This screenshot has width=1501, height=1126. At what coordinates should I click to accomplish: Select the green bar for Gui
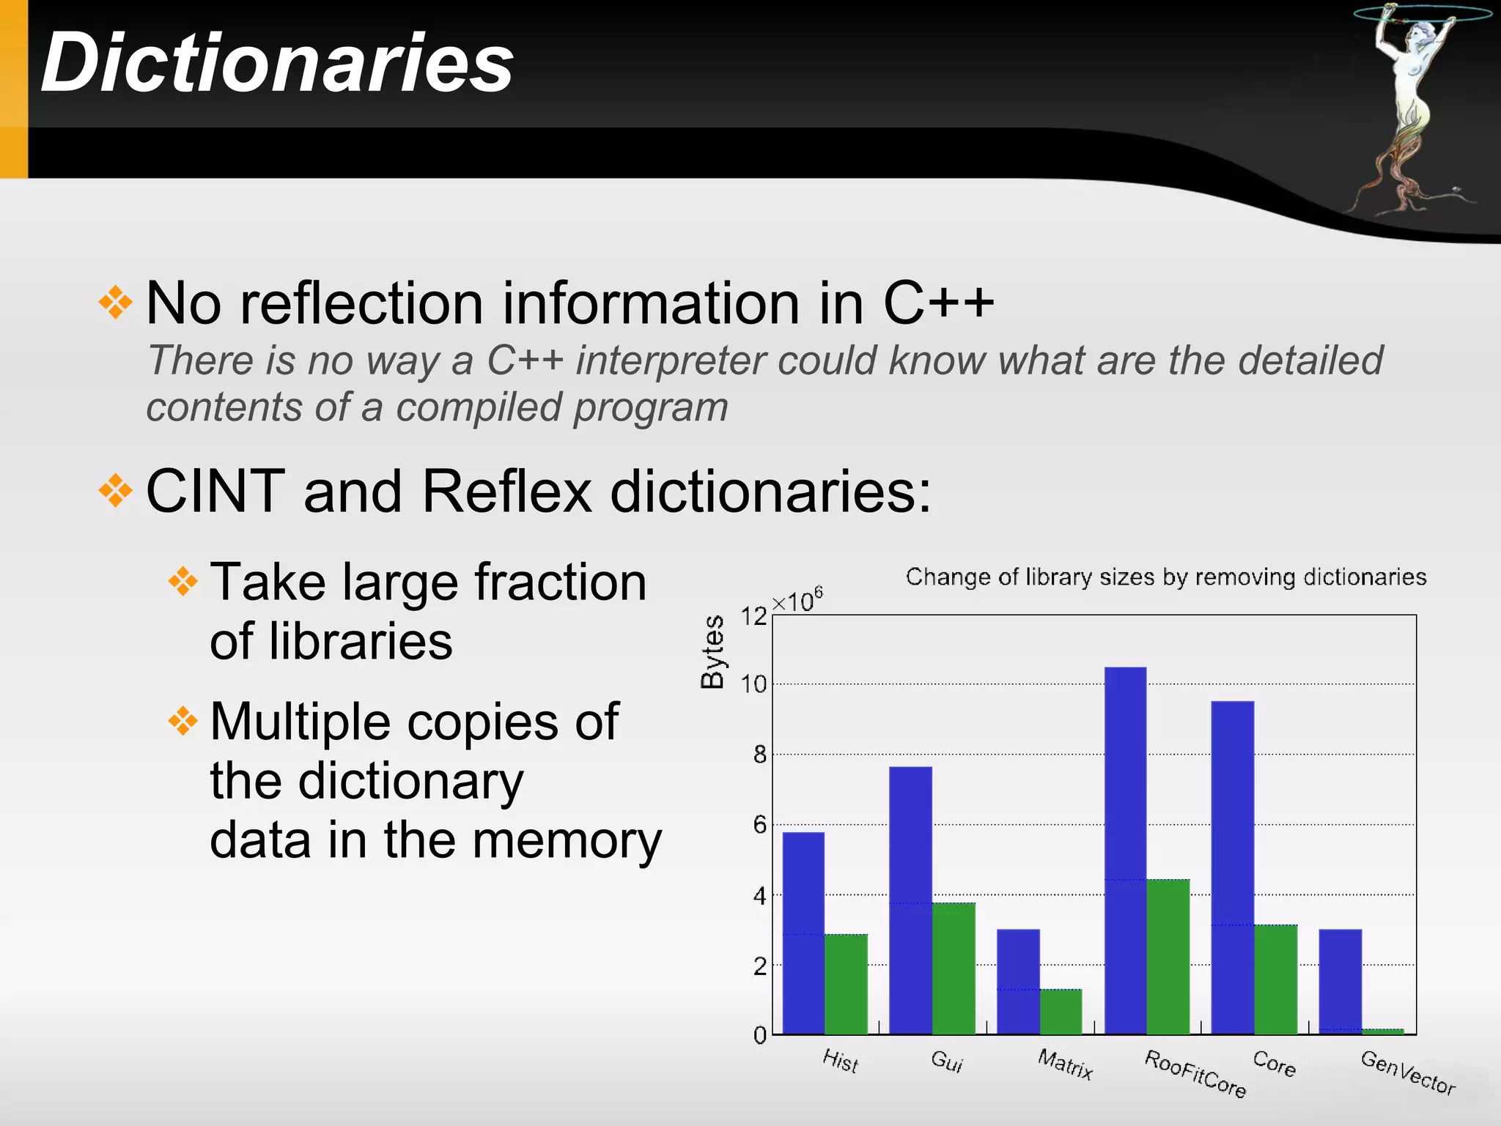(x=954, y=968)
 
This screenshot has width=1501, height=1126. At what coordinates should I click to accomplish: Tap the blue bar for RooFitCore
(x=1125, y=850)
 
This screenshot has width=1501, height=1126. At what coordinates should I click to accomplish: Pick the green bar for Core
(x=1275, y=979)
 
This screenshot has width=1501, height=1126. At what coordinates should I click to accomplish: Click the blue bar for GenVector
(x=1340, y=982)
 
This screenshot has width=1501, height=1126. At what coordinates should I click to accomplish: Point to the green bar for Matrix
(x=1061, y=1011)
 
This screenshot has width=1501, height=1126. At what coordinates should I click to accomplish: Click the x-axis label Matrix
(x=1065, y=1064)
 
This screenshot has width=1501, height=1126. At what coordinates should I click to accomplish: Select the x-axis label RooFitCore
(x=1195, y=1073)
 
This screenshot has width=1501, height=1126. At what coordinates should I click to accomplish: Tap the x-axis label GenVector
(x=1407, y=1072)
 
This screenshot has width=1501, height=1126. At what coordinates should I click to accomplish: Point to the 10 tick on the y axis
(x=753, y=684)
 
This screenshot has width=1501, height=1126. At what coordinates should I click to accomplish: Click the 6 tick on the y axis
(x=759, y=825)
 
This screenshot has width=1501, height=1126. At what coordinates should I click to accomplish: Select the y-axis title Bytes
(x=712, y=652)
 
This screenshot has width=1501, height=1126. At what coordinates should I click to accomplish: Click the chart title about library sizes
(x=1165, y=577)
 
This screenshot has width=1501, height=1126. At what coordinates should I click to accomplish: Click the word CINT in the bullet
(x=215, y=491)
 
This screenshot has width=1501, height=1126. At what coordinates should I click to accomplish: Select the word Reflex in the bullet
(x=506, y=491)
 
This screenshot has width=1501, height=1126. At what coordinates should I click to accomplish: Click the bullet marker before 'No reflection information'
(x=116, y=303)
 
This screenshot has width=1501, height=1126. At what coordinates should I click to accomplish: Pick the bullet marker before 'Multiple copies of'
(x=183, y=722)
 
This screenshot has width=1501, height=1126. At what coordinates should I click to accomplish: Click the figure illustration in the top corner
(x=1407, y=110)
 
